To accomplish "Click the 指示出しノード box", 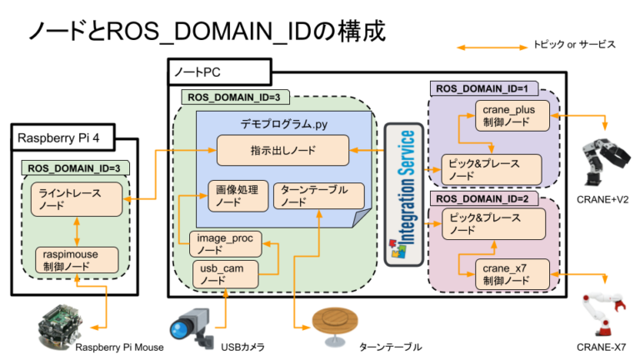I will point(282,151).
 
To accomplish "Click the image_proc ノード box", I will point(226,243).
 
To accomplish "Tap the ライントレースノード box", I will point(77,199).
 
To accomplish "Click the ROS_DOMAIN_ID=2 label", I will point(483,200).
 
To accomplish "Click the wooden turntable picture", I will point(333,323).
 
